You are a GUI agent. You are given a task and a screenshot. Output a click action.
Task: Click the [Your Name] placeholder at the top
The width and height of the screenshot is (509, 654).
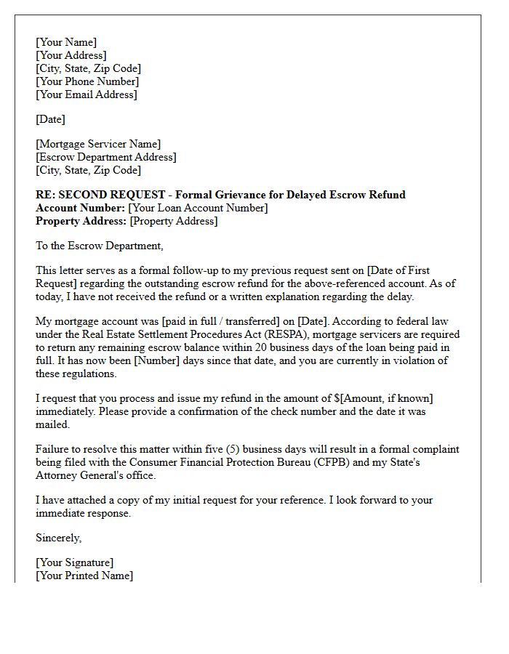click(66, 42)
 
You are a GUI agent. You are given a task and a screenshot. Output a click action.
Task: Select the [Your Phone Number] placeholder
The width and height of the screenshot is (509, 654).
click(87, 81)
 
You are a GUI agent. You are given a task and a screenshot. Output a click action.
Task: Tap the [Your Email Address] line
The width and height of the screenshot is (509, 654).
click(87, 94)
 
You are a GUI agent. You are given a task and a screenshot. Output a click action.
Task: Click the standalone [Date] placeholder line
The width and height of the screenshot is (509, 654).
click(50, 119)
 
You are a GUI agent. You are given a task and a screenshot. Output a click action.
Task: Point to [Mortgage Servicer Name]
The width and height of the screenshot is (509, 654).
click(98, 144)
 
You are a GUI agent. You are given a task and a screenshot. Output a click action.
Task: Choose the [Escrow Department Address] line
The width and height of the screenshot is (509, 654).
click(106, 157)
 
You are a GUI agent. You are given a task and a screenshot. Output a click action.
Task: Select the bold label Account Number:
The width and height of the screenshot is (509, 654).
click(80, 208)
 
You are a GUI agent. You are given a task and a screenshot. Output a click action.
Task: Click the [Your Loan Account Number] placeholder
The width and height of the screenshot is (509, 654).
click(198, 208)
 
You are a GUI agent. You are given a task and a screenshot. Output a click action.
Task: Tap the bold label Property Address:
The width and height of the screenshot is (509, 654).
click(81, 221)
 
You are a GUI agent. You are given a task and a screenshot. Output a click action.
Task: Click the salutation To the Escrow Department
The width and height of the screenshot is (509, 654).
click(100, 246)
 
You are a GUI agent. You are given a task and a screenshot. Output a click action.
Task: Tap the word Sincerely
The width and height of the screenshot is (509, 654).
click(59, 538)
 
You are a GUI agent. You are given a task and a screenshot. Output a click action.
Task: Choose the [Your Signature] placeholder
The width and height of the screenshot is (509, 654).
click(75, 562)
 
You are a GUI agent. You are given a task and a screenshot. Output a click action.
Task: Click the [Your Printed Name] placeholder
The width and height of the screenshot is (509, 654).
click(84, 576)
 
